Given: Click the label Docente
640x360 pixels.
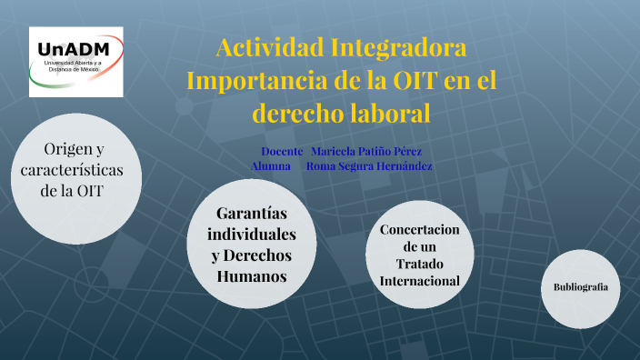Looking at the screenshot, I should pyautogui.click(x=282, y=150).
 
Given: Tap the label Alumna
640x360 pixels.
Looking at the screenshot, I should pyautogui.click(x=271, y=166).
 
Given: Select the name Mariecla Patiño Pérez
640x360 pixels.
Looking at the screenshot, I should pyautogui.click(x=366, y=150).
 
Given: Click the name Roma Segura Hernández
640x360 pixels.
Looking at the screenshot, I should pyautogui.click(x=369, y=166).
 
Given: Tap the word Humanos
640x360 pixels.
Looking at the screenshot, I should pyautogui.click(x=252, y=275).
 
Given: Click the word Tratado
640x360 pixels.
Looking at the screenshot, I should pyautogui.click(x=420, y=264).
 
